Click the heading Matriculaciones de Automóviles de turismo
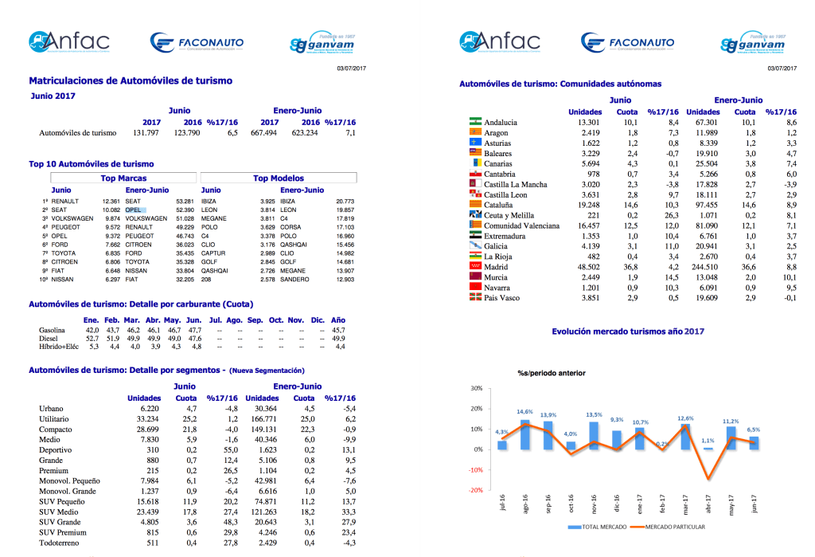pos(131,80)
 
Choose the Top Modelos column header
pos(278,178)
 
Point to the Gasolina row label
pos(53,329)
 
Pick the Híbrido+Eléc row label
pos(59,347)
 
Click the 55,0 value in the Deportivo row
pos(229,450)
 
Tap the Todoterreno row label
pos(60,543)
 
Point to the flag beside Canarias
pos(476,163)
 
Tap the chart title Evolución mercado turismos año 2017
pos(627,331)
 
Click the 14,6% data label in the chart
pos(524,412)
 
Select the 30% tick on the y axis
pos(476,389)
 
